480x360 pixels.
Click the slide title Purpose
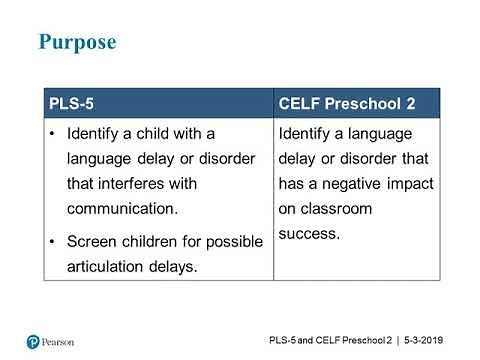click(77, 42)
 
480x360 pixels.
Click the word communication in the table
click(121, 209)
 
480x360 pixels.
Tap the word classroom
click(340, 209)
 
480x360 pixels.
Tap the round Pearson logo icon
click(33, 342)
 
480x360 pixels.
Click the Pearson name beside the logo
click(63, 342)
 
